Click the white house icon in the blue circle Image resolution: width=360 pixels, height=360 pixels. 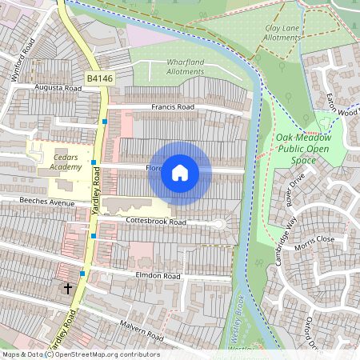pos(180,172)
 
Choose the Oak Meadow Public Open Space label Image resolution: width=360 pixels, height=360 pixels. pos(307,149)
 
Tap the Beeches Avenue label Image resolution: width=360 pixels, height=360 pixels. pos(46,203)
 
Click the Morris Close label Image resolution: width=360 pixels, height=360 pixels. pos(315,239)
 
